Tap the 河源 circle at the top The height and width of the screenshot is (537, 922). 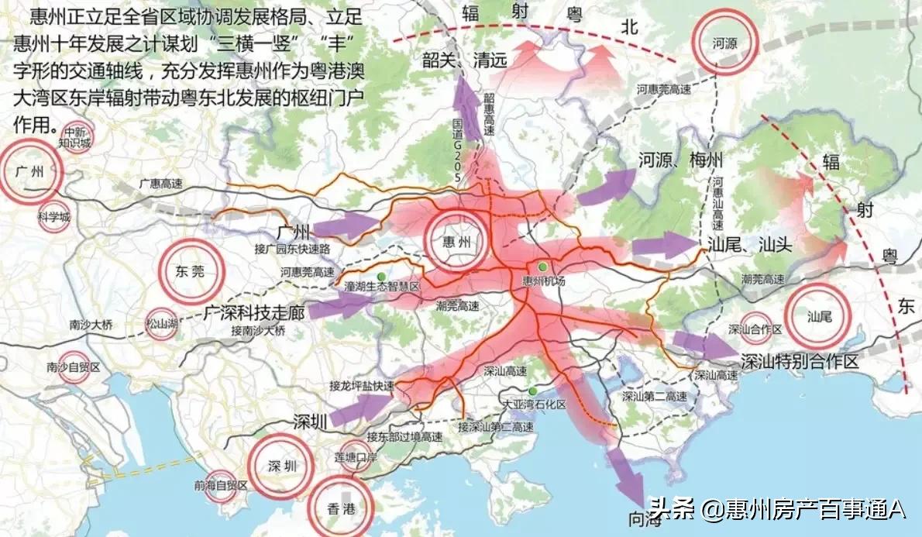click(x=724, y=43)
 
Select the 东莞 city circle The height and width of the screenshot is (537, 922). click(x=191, y=271)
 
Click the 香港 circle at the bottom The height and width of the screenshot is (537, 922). click(x=341, y=509)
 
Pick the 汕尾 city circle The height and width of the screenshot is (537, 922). click(x=818, y=316)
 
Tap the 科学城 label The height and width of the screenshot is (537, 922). click(x=53, y=217)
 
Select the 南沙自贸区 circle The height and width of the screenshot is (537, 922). click(x=74, y=367)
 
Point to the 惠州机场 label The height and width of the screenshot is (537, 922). click(x=545, y=281)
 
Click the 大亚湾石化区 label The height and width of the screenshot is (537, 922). click(x=535, y=404)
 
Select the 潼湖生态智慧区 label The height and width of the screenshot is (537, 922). click(x=381, y=286)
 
